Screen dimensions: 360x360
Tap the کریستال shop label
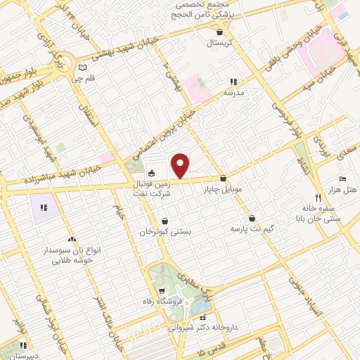pyautogui.click(x=222, y=44)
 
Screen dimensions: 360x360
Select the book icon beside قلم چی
pyautogui.click(x=84, y=68)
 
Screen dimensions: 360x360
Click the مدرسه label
pyautogui.click(x=233, y=93)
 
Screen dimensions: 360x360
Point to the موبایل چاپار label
pyautogui.click(x=223, y=190)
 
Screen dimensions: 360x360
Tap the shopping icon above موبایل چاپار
pyautogui.click(x=224, y=179)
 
